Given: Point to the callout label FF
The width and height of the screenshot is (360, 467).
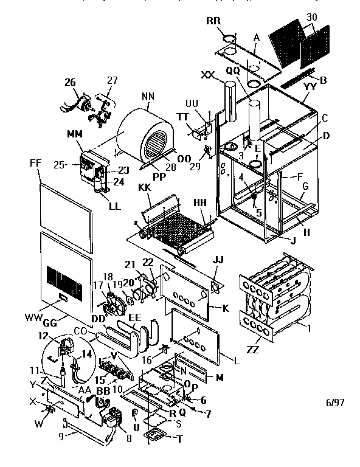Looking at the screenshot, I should [x=35, y=164].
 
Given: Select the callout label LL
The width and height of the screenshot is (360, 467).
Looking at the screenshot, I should [x=114, y=206].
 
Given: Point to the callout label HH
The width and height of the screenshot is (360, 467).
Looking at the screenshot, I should [x=199, y=202].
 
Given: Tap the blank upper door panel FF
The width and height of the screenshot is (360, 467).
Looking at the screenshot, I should [x=64, y=201].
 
